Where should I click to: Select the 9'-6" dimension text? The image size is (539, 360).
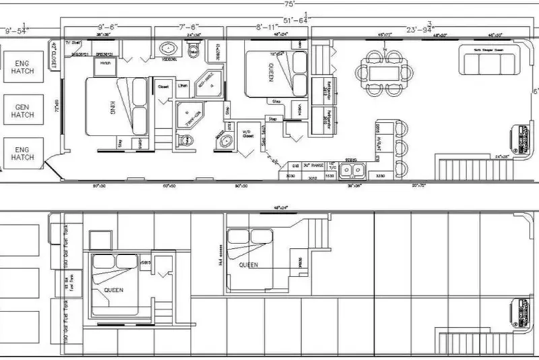coord(108,28)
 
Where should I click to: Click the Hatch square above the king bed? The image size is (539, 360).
coord(105,63)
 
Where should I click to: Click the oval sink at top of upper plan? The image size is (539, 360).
coord(168,48)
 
